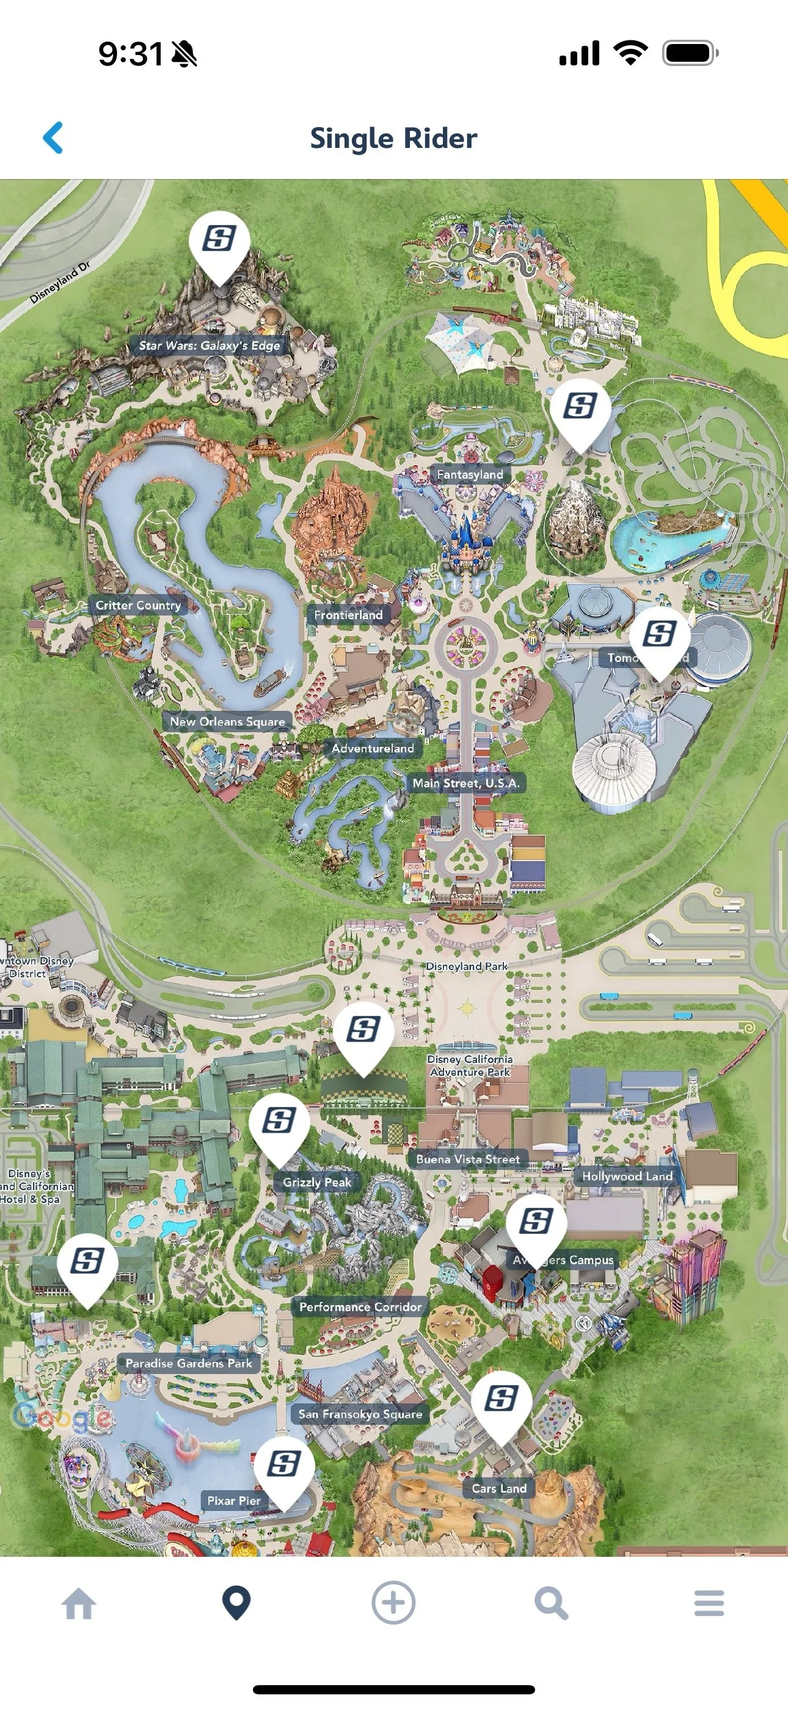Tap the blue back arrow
pos(53,138)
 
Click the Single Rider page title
pos(393,139)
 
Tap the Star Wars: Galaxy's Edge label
pos(209,345)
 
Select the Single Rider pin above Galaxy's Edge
pos(219,240)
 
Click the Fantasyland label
pos(470,474)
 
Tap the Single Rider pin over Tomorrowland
pos(659,635)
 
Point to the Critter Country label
pos(138,605)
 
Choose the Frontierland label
pos(348,615)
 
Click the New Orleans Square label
pos(227,722)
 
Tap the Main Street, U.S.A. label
pos(465,783)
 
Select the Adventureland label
pos(373,748)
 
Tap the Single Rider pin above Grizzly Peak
pos(279,1121)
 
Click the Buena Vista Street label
pos(468,1159)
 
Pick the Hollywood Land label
pos(627,1176)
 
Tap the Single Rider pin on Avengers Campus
pos(536,1221)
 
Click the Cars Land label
pos(499,1488)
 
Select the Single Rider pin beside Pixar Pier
pos(284,1464)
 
